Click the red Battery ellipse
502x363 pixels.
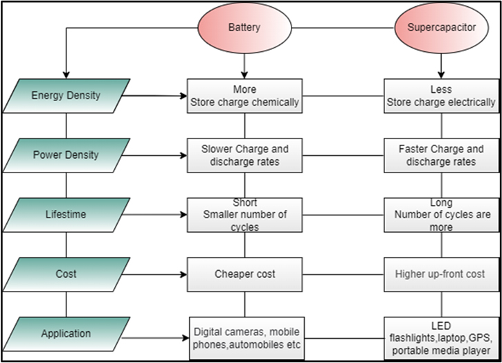tap(244, 28)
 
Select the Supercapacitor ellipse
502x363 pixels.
tap(441, 28)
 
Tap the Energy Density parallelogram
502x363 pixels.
tap(66, 96)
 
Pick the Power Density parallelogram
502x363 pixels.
tap(66, 155)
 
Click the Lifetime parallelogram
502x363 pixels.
tap(66, 215)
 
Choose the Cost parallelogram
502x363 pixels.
tap(66, 274)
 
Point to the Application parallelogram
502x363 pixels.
tap(66, 334)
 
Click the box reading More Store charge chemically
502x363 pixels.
tap(245, 96)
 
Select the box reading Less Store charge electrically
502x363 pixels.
tap(441, 96)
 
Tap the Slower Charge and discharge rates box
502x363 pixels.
tap(245, 155)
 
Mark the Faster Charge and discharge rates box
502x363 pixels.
tap(441, 155)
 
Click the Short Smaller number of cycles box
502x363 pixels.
tap(245, 215)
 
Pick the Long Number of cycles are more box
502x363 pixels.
tap(441, 215)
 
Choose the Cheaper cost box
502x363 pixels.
tap(245, 274)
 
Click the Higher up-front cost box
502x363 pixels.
tap(441, 274)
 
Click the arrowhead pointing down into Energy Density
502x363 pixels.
tap(65, 73)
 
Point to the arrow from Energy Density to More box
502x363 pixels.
tap(159, 96)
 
